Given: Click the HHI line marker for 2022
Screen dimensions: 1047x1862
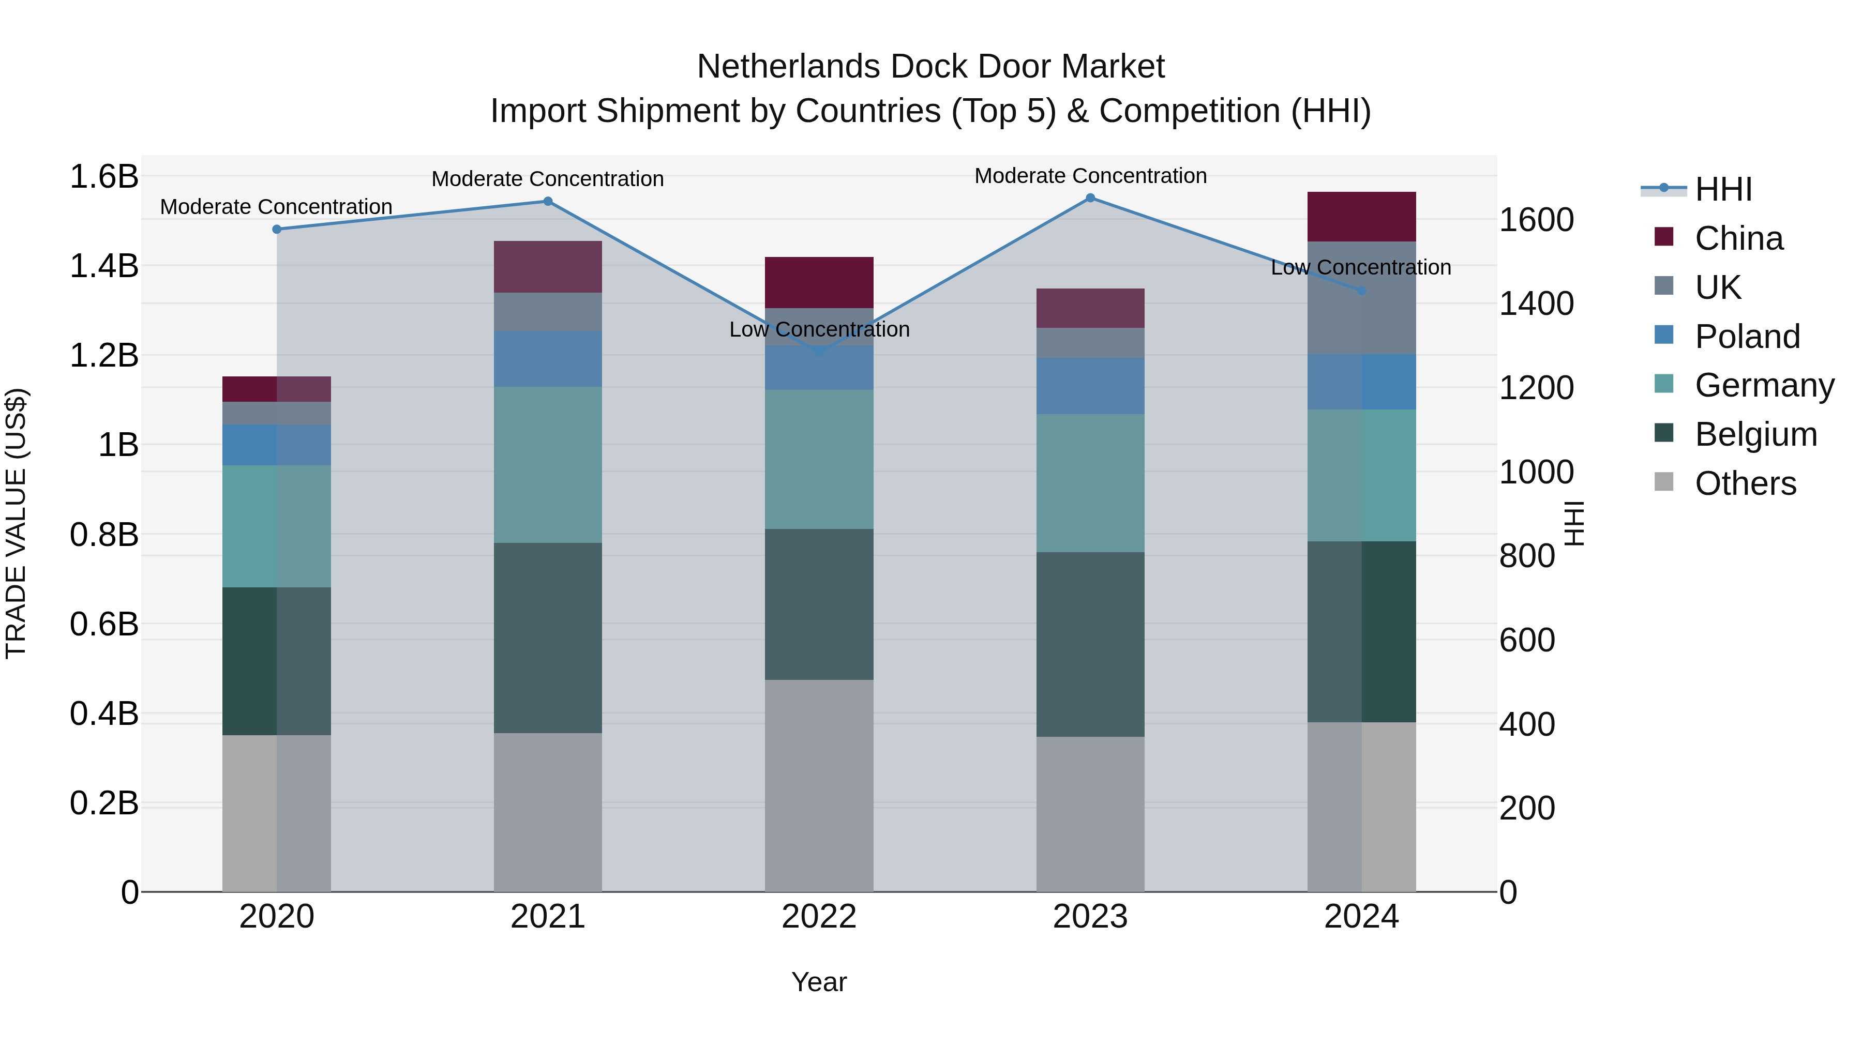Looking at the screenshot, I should [819, 352].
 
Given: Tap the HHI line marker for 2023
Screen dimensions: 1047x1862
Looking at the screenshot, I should [1090, 198].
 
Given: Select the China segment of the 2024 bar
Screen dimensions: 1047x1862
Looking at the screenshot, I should [1361, 217].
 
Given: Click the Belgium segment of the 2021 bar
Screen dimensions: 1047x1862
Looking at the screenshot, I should [547, 638].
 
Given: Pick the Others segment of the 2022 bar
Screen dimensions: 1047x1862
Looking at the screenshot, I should [819, 785].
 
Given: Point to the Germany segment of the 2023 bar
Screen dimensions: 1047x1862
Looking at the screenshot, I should [1090, 483].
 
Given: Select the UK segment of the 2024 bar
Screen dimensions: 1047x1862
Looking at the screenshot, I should [1361, 298].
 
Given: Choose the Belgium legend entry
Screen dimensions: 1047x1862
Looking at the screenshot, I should [1755, 434].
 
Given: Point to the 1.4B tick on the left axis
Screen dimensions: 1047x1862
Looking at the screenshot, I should [104, 266].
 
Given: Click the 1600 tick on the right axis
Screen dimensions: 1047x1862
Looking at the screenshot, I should [1536, 220].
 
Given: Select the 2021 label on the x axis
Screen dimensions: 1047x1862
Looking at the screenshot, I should [547, 917].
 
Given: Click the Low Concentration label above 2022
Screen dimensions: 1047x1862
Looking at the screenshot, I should [819, 329].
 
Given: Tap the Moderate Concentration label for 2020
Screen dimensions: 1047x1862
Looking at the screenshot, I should [276, 207].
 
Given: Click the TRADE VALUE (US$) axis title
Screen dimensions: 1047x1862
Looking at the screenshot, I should [16, 523].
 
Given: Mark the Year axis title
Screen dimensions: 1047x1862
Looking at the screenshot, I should [819, 982].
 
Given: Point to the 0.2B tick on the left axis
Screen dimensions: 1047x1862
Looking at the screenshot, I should [104, 803].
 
